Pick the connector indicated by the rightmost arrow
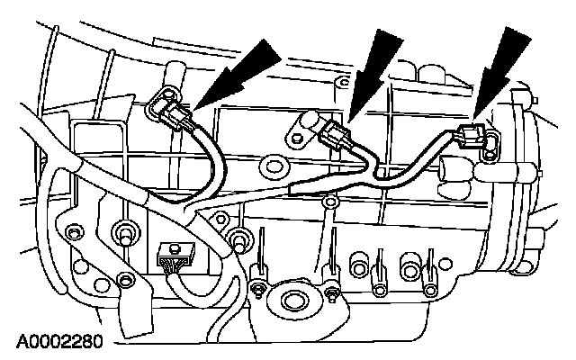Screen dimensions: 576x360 pyautogui.click(x=470, y=138)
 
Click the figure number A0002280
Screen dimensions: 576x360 pyautogui.click(x=55, y=342)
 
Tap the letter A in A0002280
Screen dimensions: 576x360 pyautogui.click(x=19, y=342)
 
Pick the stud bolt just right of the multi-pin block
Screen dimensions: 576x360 pyautogui.click(x=238, y=238)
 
